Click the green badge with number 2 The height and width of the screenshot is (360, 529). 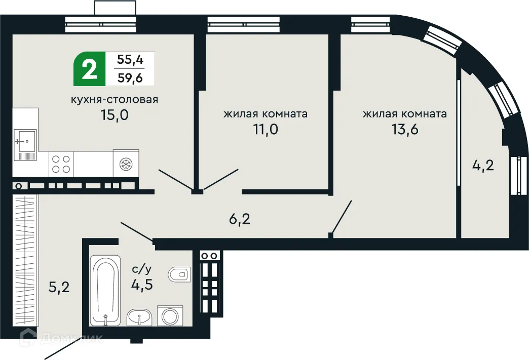pos(90,68)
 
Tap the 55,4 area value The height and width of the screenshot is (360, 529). pos(130,59)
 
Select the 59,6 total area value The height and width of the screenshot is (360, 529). pos(130,77)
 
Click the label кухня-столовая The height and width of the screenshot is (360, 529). pos(115,99)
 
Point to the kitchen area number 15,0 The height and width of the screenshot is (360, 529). pos(115,115)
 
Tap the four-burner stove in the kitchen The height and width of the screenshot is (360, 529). pos(61,164)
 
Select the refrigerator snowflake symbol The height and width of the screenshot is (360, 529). pos(126,163)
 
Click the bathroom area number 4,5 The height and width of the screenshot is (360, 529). pos(142,284)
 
